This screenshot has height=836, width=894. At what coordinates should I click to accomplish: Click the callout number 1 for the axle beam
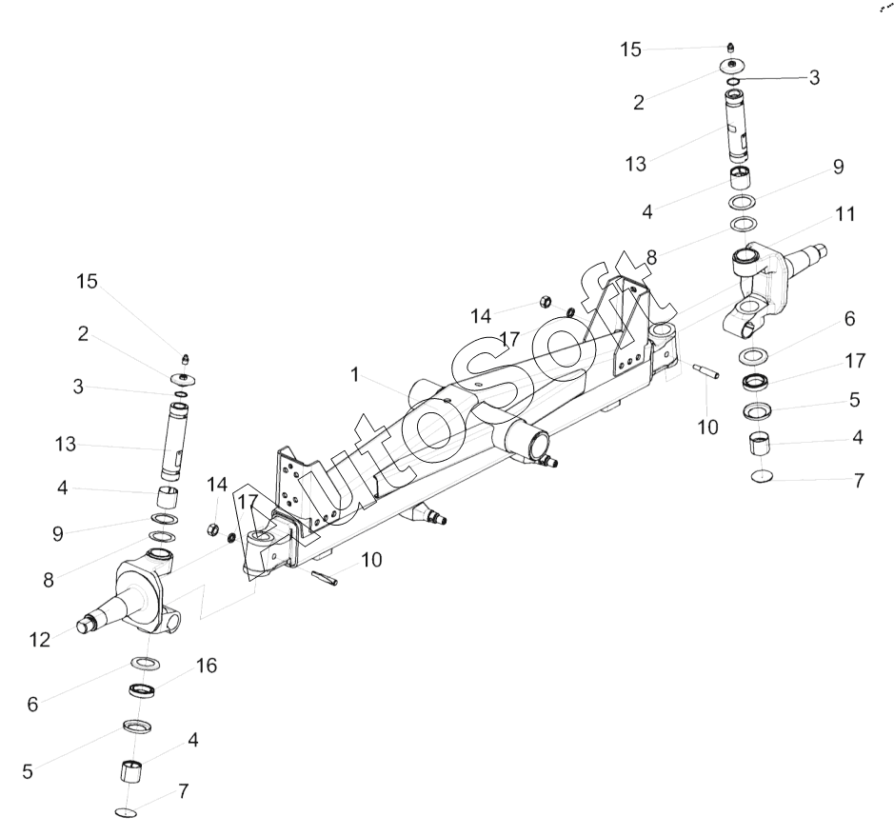pyautogui.click(x=354, y=374)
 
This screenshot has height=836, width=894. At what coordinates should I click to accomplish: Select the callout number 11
pyautogui.click(x=845, y=214)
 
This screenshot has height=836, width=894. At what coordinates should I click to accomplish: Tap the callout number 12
pyautogui.click(x=40, y=640)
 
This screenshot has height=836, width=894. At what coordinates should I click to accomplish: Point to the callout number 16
pyautogui.click(x=207, y=666)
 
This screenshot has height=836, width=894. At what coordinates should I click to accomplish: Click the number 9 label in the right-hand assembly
pyautogui.click(x=838, y=167)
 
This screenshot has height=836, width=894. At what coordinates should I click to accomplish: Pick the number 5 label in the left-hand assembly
pyautogui.click(x=28, y=771)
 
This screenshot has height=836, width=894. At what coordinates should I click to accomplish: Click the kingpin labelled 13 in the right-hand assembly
pyautogui.click(x=739, y=126)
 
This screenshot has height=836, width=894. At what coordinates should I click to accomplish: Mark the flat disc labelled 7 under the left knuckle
pyautogui.click(x=126, y=812)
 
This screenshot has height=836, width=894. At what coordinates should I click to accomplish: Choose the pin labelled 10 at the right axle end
pyautogui.click(x=706, y=370)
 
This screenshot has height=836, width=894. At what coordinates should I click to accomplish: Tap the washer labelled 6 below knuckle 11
pyautogui.click(x=753, y=356)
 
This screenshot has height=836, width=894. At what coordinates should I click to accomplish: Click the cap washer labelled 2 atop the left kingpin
pyautogui.click(x=184, y=378)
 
